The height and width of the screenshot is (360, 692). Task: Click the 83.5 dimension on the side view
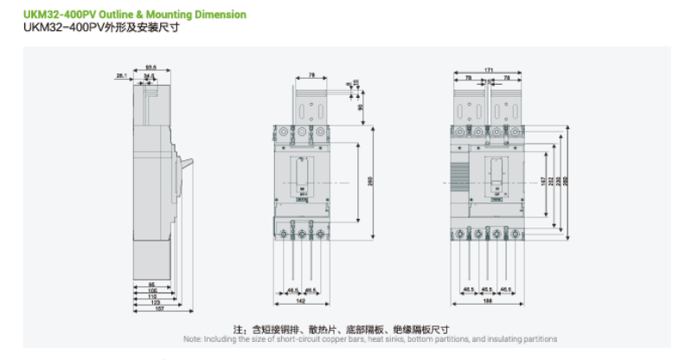point(151,67)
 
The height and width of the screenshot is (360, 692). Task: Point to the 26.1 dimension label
point(121,76)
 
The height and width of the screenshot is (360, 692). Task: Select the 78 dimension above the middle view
point(311,75)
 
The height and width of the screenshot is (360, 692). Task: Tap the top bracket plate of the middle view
point(311,105)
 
